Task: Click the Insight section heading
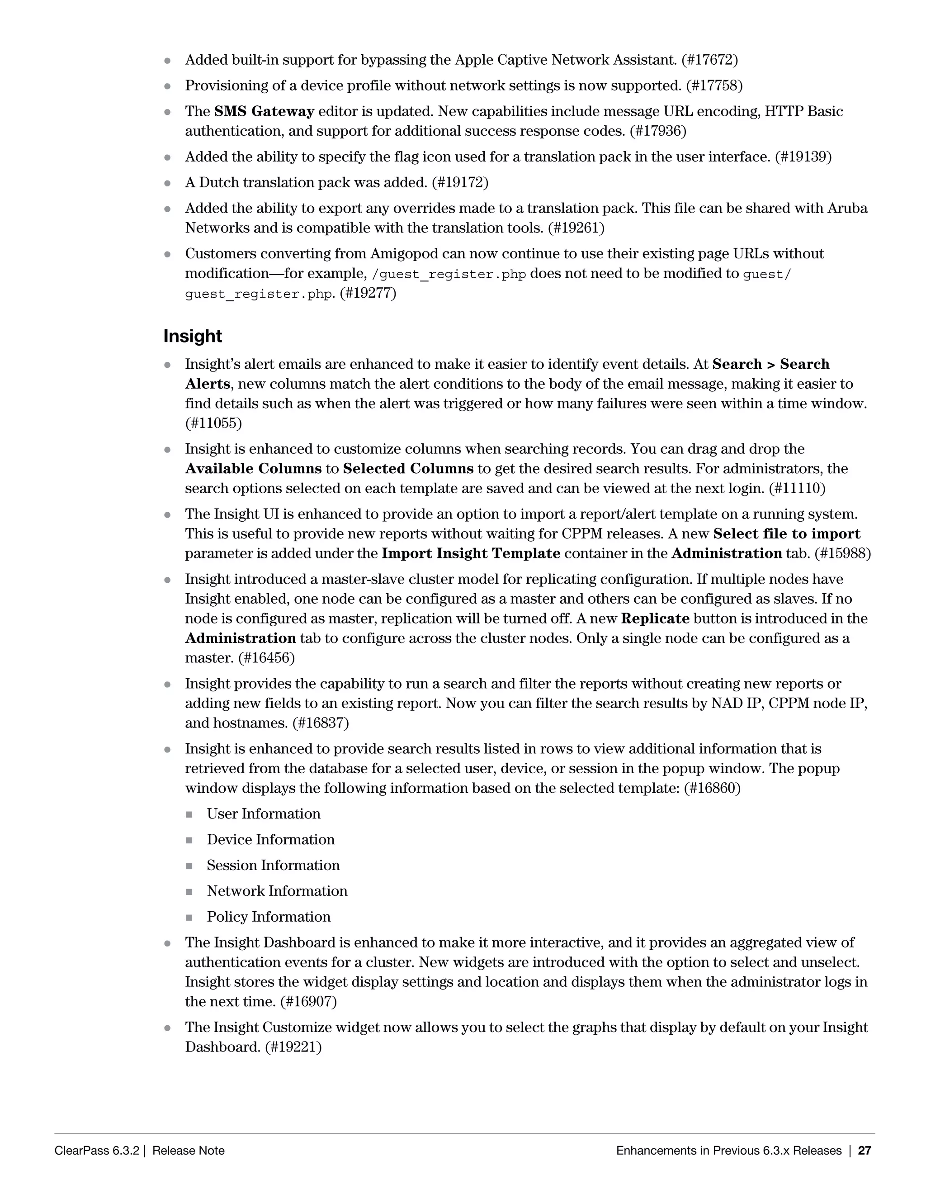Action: tap(193, 336)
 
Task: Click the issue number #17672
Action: tap(709, 60)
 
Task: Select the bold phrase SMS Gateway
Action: tap(264, 111)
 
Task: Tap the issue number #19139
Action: tap(803, 157)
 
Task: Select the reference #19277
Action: tap(368, 293)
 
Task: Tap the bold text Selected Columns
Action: tap(408, 469)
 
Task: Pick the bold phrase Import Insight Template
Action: tap(471, 553)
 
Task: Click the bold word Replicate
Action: tap(655, 619)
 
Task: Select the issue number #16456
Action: tap(266, 658)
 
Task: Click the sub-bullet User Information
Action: tap(263, 814)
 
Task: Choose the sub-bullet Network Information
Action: tap(277, 891)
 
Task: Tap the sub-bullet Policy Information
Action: tap(268, 917)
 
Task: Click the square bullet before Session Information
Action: tap(189, 866)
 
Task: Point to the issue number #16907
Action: tap(308, 1001)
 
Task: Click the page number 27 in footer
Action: tap(865, 1151)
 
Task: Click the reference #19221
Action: tap(293, 1047)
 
